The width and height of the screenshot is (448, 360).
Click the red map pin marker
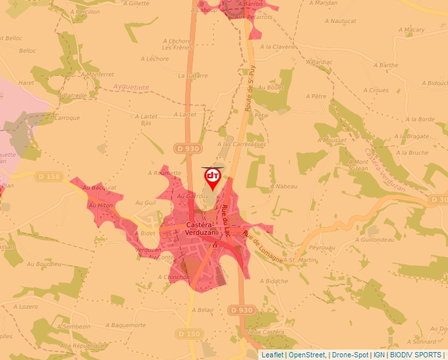coord(213,178)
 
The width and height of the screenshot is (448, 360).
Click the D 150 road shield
coord(189,334)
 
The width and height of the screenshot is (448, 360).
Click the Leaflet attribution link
coord(272,355)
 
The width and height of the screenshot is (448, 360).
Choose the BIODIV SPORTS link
coord(416,355)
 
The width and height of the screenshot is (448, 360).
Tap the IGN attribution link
coord(379,355)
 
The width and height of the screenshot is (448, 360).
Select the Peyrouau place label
coord(322,247)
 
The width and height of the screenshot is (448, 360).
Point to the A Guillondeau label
coord(374,240)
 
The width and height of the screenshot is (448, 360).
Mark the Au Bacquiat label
coord(99,188)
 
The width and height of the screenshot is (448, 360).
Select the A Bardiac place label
coord(320,62)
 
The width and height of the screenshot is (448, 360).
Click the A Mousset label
coord(331,140)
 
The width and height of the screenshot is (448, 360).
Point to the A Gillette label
coord(136,3)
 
